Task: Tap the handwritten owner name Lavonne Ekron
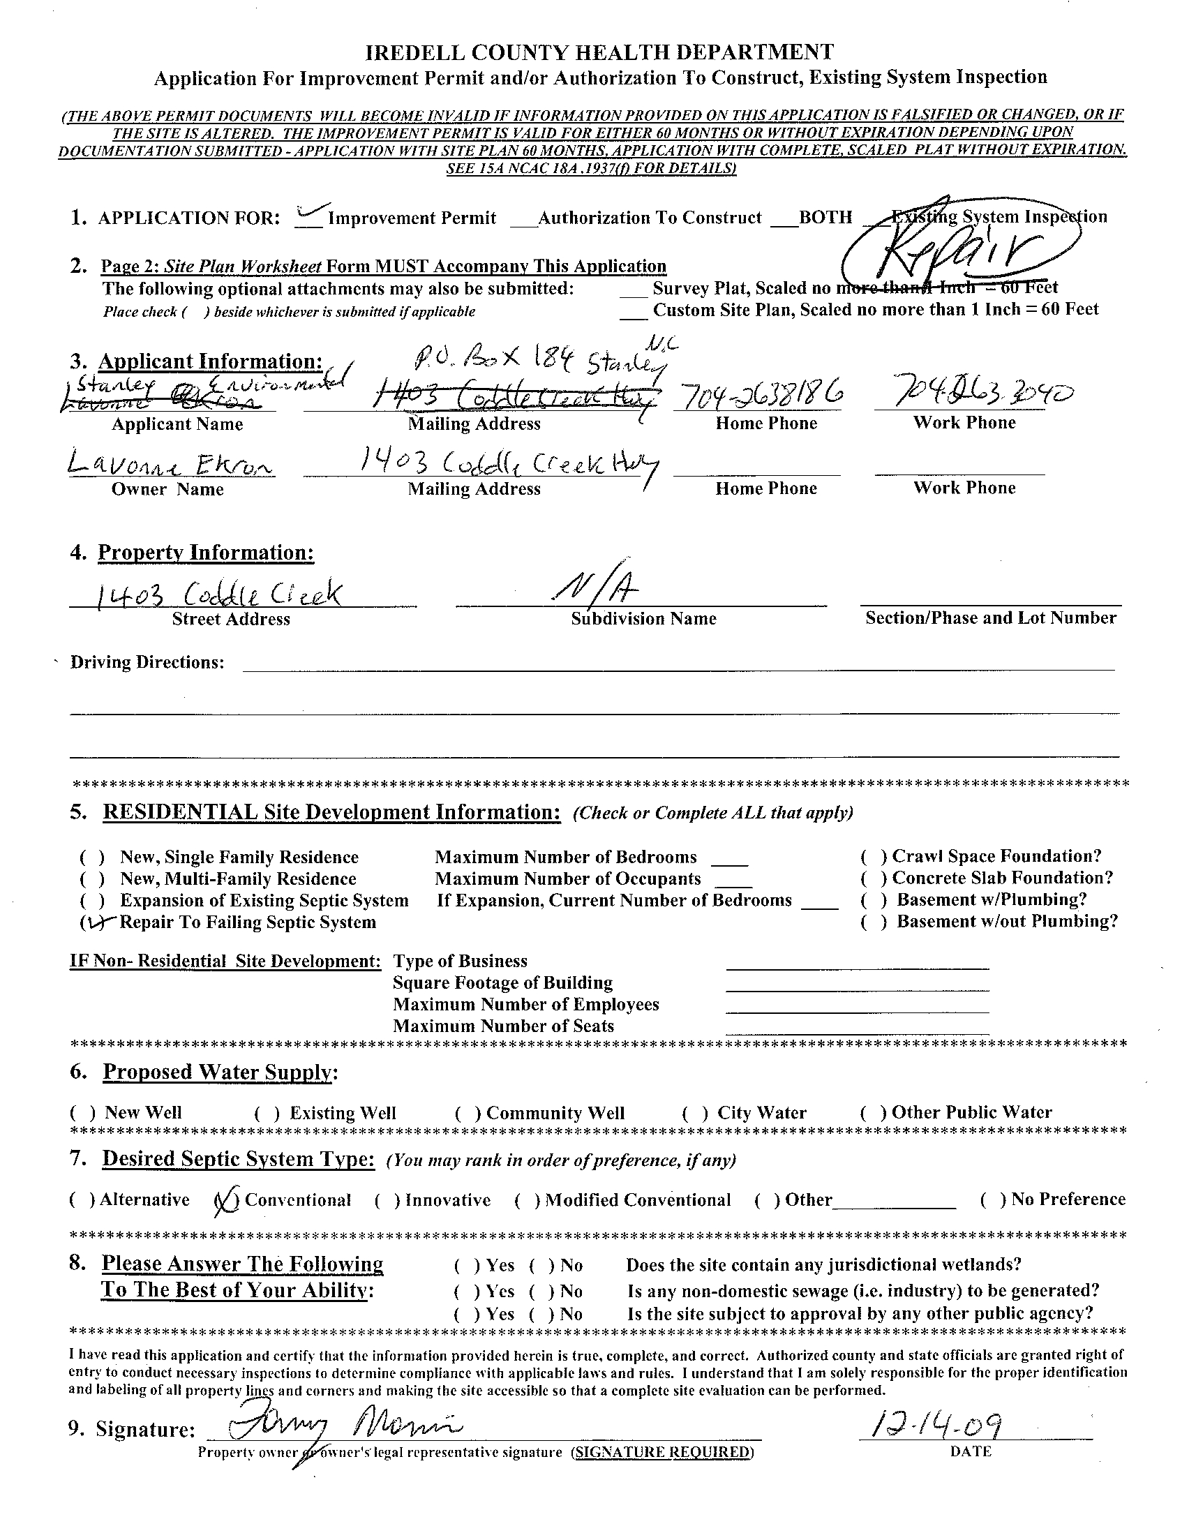[x=170, y=465]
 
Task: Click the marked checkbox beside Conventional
[x=227, y=1199]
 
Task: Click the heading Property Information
[x=205, y=553]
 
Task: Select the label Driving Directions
[x=147, y=663]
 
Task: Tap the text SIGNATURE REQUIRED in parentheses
[x=663, y=1451]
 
